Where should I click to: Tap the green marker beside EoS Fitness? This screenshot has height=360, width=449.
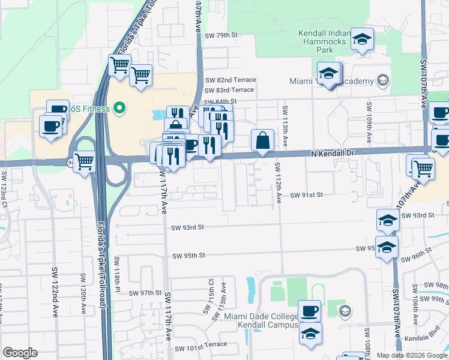point(119,109)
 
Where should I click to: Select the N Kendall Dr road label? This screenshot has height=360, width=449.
point(334,154)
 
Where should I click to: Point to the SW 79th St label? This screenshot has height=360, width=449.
point(221,35)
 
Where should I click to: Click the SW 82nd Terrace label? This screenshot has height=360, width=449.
point(231,80)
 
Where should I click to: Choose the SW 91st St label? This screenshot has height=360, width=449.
point(307,195)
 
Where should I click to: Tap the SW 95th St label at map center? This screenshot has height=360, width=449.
point(188,256)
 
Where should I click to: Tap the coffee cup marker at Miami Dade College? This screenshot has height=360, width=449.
point(310,311)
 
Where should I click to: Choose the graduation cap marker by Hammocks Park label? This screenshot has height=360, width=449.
point(362,39)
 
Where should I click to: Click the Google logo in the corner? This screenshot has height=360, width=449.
point(20,353)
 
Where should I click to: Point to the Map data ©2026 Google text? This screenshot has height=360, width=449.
point(411,355)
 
